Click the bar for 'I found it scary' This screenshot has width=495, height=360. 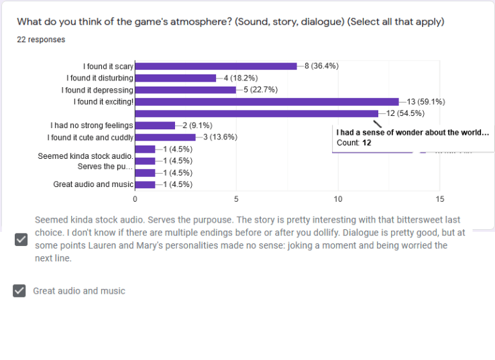coord(216,66)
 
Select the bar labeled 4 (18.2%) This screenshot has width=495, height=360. coord(176,78)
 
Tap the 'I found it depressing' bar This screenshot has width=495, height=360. coord(186,90)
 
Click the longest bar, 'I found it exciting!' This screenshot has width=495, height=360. coord(267,102)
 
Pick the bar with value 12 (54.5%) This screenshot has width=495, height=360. coord(257,113)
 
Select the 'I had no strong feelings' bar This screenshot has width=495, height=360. coord(155,125)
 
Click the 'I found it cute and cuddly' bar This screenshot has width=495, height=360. coord(166,137)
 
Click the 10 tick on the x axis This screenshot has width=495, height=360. coord(338,199)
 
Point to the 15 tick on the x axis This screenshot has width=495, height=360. coord(439,199)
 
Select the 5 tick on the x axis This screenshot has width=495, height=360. coord(236,199)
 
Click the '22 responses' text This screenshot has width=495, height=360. coord(41,40)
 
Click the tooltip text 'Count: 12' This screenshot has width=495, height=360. coord(353,143)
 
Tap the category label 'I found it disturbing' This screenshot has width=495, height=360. coord(100,78)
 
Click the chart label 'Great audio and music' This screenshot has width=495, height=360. coord(93,184)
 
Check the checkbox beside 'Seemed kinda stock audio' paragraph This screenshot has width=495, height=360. coord(21,239)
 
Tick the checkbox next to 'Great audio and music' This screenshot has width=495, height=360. coord(19,290)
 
